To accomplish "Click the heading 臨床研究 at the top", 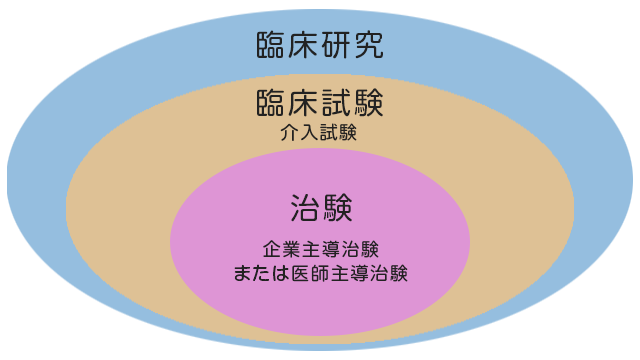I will (320, 45).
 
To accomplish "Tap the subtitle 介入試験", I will (319, 132).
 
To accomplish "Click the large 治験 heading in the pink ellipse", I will (320, 208).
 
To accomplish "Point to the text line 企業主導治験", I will (320, 248).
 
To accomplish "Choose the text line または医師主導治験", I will (320, 271).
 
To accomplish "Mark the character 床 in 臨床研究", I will (304, 45).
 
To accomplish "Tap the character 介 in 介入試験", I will (290, 132).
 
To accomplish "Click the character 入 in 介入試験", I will (309, 132).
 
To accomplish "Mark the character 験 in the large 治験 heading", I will (337, 208).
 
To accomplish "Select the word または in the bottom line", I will (255, 271).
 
